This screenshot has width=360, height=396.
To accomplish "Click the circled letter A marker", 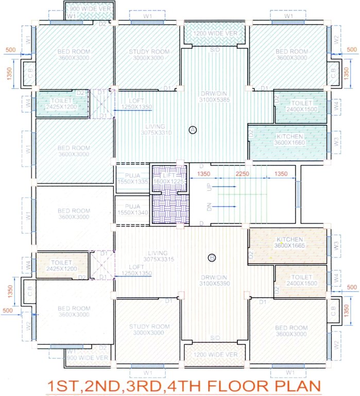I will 193,130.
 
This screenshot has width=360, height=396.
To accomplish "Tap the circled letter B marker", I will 211,257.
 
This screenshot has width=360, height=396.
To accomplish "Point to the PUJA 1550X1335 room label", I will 132,178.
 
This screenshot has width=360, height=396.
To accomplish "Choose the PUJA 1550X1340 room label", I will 132,209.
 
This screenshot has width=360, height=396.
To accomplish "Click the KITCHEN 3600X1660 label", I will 290,139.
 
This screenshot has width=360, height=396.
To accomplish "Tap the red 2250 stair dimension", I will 243,174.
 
